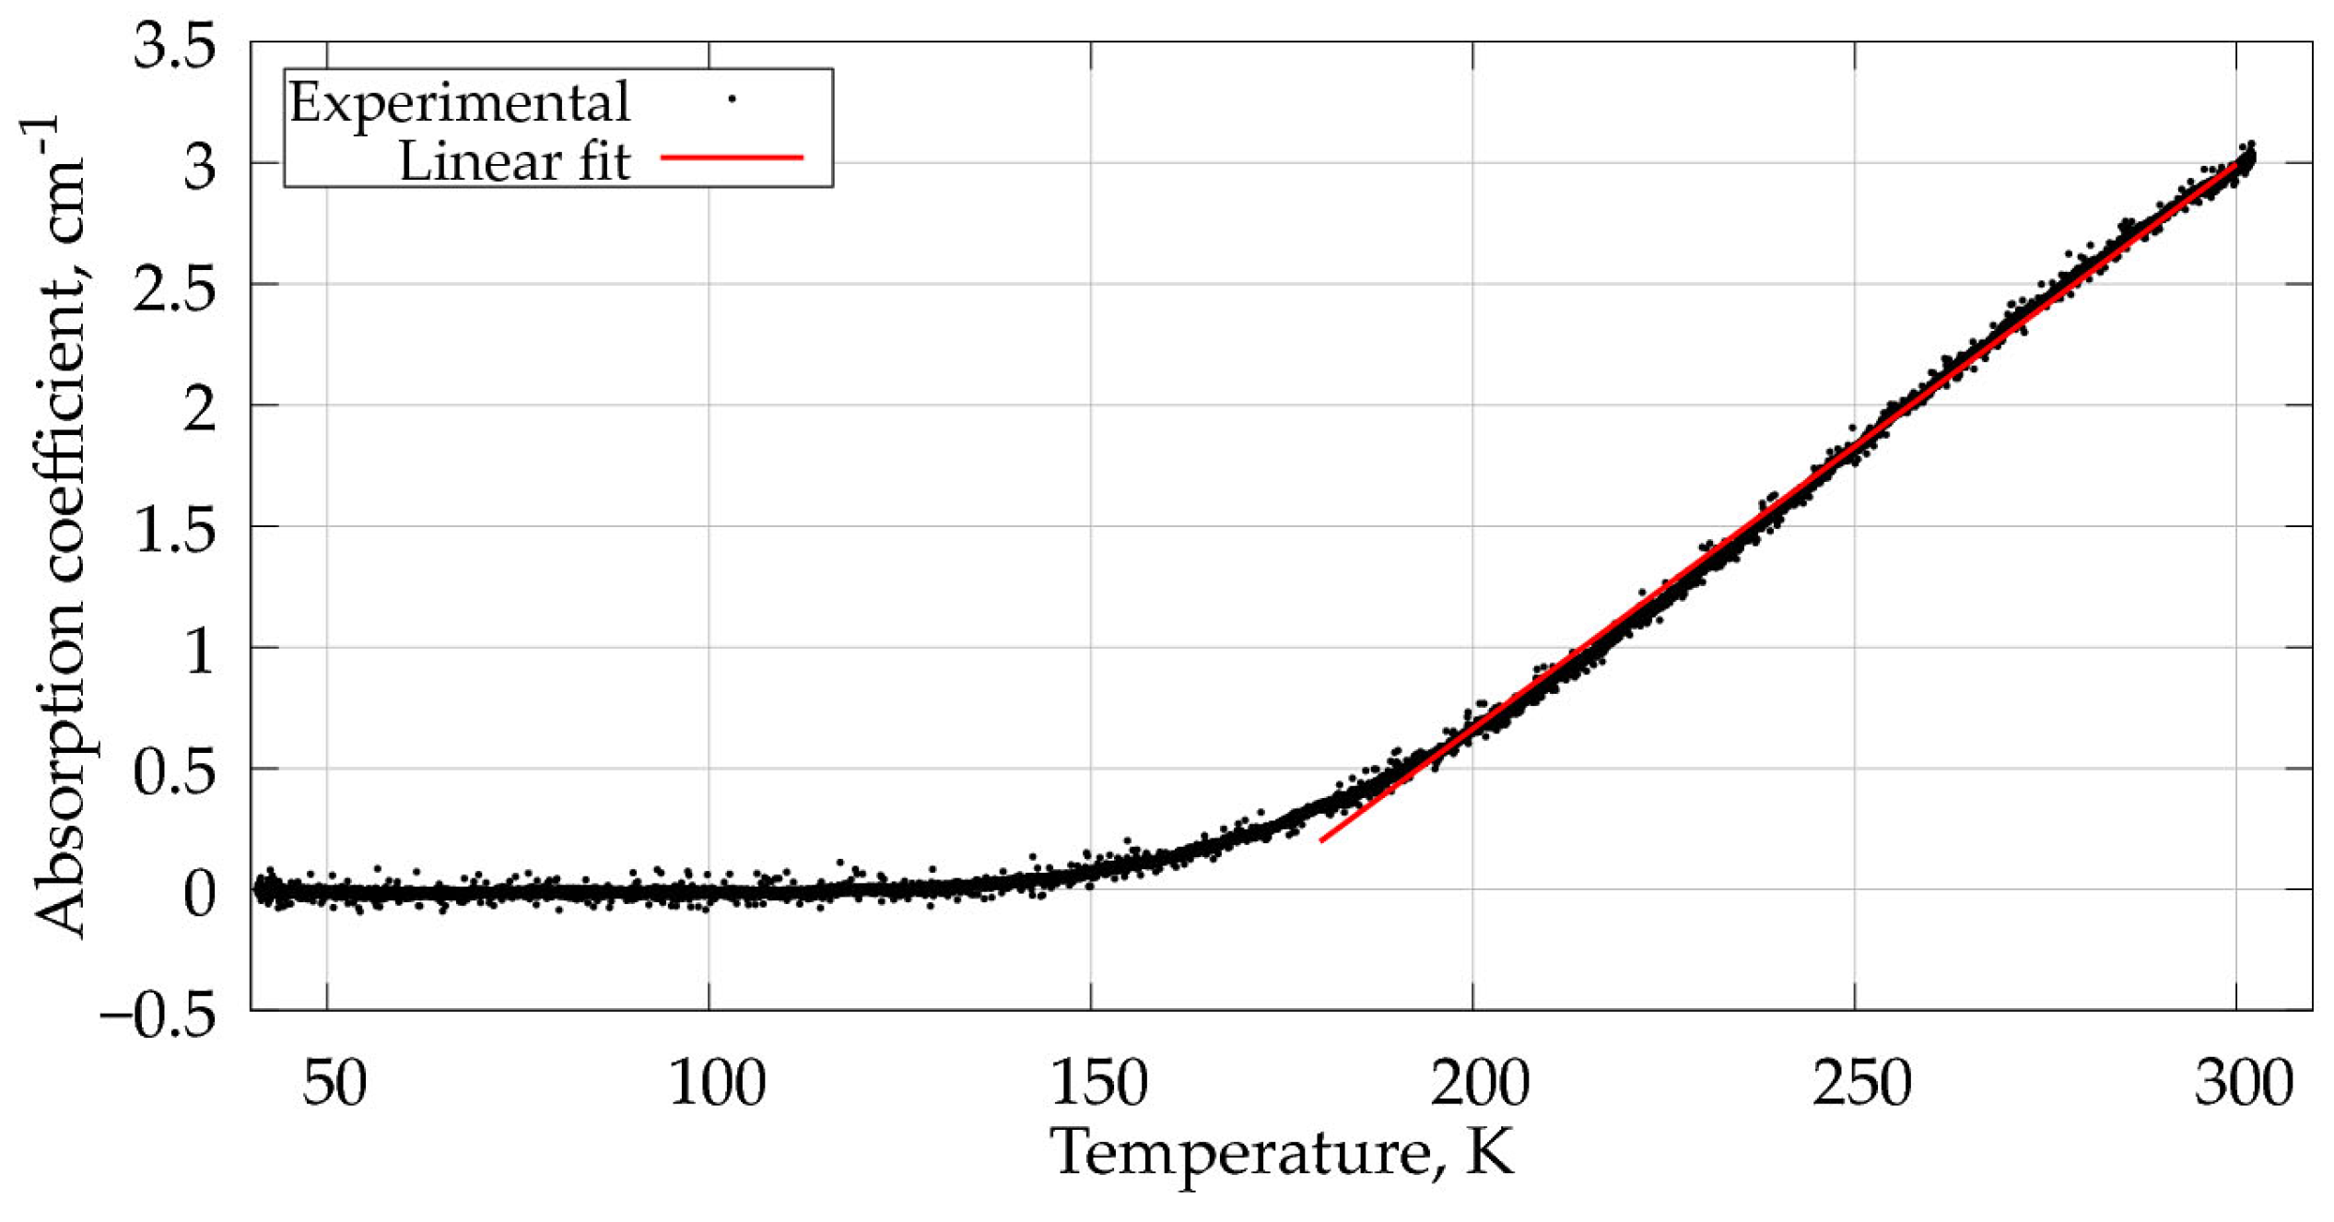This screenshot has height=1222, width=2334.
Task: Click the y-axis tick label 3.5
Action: pyautogui.click(x=175, y=46)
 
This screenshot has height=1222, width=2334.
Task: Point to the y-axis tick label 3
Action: pyautogui.click(x=200, y=168)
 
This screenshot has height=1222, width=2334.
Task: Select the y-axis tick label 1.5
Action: pyautogui.click(x=175, y=532)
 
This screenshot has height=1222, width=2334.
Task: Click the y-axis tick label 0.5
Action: pyautogui.click(x=175, y=773)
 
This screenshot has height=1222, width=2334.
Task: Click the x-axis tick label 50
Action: pyautogui.click(x=334, y=1084)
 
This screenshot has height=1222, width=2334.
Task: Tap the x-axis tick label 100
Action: pyautogui.click(x=716, y=1084)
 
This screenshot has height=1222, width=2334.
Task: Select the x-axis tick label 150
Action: pyautogui.click(x=1098, y=1084)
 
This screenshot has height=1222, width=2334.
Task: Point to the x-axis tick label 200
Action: pyautogui.click(x=1480, y=1084)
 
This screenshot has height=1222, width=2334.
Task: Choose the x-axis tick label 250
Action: pyautogui.click(x=1862, y=1084)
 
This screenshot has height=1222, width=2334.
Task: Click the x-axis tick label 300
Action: pyautogui.click(x=2244, y=1084)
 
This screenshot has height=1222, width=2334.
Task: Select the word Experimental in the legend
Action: pyautogui.click(x=459, y=102)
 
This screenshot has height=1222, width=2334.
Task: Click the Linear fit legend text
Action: pyautogui.click(x=513, y=161)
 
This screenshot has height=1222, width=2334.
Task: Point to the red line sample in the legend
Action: pyautogui.click(x=733, y=158)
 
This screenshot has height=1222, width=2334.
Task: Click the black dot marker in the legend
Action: pyautogui.click(x=733, y=99)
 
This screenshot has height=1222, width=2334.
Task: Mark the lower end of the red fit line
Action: pyautogui.click(x=1322, y=840)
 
